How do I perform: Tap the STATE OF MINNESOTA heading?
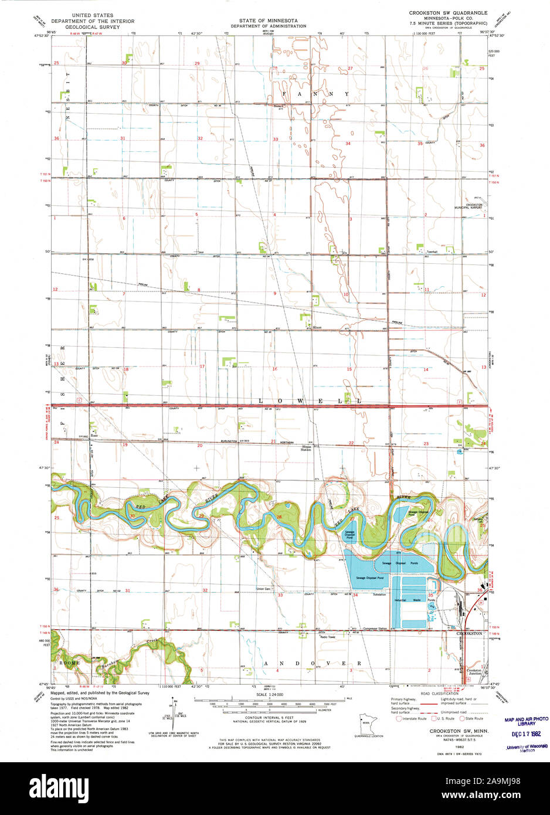pyautogui.click(x=268, y=20)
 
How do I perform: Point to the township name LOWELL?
pyautogui.click(x=310, y=400)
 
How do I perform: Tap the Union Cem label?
pyautogui.click(x=263, y=589)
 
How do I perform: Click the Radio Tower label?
pyautogui.click(x=327, y=637)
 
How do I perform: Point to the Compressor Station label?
pyautogui.click(x=375, y=629)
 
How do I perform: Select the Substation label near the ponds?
pyautogui.click(x=379, y=595)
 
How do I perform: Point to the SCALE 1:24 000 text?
pyautogui.click(x=267, y=694)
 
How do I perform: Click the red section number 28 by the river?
pyautogui.click(x=279, y=517)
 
